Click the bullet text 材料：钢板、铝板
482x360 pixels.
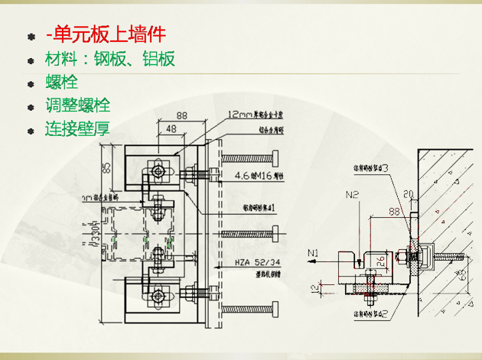click(109, 58)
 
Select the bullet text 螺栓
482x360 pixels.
click(61, 82)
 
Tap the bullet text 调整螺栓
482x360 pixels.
click(77, 105)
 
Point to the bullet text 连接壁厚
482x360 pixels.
click(77, 128)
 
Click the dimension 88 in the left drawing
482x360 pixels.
click(181, 115)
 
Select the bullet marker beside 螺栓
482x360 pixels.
click(31, 83)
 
